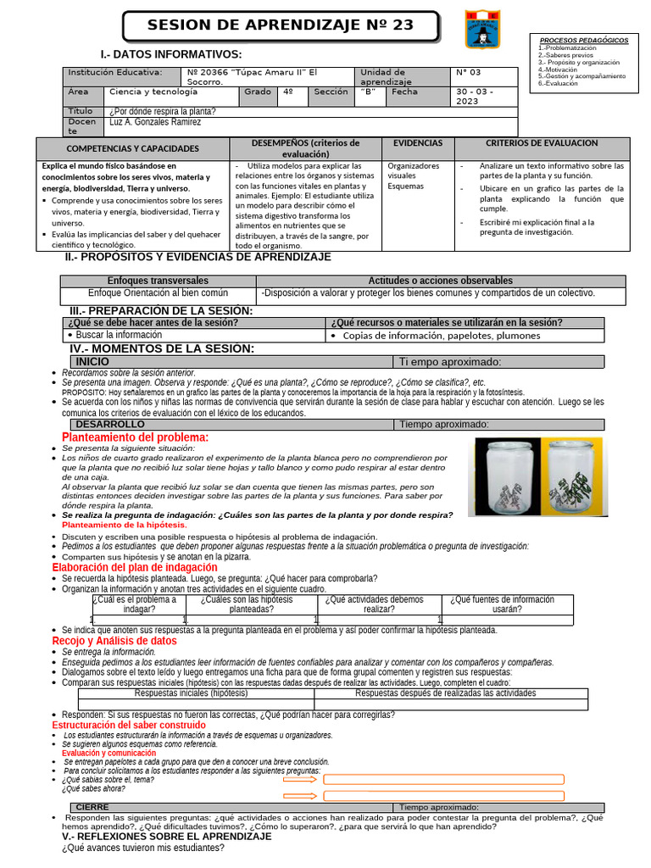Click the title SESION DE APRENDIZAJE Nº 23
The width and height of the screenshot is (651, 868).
coord(281,26)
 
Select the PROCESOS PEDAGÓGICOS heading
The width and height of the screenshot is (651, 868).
coord(584,40)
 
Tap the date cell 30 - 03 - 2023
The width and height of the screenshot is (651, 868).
coord(485,97)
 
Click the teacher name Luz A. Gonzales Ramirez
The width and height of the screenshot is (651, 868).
coord(156,122)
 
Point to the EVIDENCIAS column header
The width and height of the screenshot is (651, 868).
coord(418,143)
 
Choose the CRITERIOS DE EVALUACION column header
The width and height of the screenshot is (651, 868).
coord(542,143)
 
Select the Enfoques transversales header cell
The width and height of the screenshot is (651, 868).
coord(158,281)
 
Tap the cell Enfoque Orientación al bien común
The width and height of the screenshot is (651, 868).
coord(158,293)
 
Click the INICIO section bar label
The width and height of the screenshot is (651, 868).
coord(93,362)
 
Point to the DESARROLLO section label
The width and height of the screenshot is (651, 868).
coord(110,424)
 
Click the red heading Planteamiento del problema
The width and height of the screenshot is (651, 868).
coord(135,437)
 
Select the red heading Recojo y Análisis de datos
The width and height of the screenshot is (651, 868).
coord(114,641)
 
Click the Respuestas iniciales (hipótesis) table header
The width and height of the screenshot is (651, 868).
coord(196,693)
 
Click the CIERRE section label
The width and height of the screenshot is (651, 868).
coord(92,807)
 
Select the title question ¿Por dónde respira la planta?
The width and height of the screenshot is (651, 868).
coord(162,111)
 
